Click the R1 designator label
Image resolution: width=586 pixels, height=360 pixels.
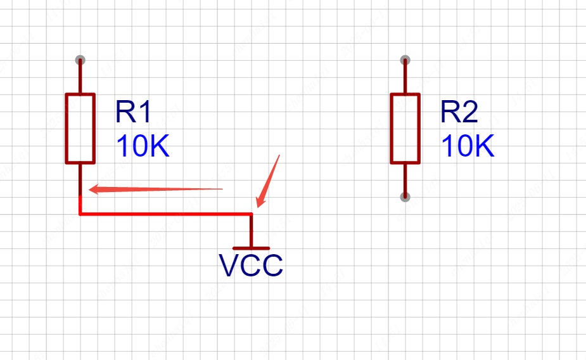[x=134, y=113]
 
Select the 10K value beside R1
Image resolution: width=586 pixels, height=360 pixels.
[x=143, y=147]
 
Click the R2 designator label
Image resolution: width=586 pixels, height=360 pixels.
[x=459, y=113]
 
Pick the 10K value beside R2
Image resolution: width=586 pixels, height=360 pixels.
[x=468, y=147]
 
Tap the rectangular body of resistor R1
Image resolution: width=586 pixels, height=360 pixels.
[x=80, y=129]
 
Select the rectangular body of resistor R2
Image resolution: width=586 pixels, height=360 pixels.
[x=405, y=128]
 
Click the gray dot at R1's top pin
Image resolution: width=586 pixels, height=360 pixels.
[x=80, y=60]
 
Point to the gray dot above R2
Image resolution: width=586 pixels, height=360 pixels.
[x=405, y=60]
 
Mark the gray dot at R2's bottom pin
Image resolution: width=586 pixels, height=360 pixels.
[x=405, y=197]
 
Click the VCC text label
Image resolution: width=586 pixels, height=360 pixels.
[x=251, y=266]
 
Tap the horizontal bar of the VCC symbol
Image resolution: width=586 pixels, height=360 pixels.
[x=252, y=248]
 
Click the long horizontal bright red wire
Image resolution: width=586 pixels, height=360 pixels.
[x=165, y=214]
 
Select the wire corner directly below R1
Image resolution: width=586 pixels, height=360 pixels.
[x=80, y=214]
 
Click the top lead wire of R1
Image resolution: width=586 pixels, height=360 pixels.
[x=80, y=78]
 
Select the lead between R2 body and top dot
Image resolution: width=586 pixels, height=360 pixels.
[x=405, y=77]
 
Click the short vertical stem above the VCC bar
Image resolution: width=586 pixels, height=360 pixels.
[x=252, y=231]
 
